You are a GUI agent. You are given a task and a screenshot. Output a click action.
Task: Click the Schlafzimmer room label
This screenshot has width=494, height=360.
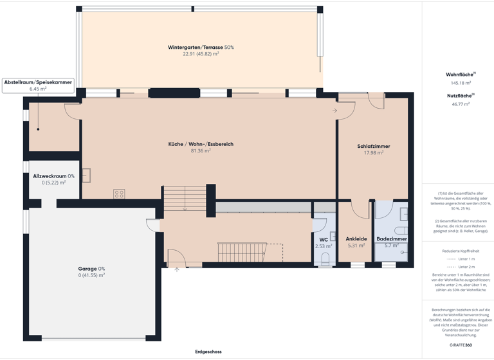click(374, 146)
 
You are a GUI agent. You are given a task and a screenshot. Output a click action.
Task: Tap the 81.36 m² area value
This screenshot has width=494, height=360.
click(201, 151)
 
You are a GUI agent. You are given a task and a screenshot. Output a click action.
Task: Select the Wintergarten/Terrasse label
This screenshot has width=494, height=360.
click(201, 48)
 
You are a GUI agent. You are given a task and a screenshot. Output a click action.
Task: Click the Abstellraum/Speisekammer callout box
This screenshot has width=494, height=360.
click(38, 85)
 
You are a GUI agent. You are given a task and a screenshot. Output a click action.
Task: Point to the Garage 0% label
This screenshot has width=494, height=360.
click(91, 269)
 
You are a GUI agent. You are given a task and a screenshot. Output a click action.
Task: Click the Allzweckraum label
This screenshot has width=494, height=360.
click(53, 176)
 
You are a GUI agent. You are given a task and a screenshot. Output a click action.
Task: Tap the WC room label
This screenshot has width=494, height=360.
click(324, 240)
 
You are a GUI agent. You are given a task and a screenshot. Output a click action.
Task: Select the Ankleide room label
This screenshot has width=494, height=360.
click(356, 239)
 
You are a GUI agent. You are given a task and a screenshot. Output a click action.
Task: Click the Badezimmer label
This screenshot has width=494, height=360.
click(392, 239)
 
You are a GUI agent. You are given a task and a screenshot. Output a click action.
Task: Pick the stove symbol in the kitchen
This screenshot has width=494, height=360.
click(119, 194)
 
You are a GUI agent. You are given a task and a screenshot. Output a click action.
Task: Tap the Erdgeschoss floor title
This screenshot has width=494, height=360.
click(208, 352)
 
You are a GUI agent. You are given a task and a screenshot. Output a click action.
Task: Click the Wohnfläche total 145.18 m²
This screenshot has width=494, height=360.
click(461, 83)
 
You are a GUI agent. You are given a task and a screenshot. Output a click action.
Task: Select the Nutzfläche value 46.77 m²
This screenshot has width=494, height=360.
click(461, 104)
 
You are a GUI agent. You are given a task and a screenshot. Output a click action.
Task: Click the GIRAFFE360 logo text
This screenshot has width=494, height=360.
click(461, 345)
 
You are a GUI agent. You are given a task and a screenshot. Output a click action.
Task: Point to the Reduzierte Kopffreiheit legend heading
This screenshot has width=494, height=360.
click(461, 251)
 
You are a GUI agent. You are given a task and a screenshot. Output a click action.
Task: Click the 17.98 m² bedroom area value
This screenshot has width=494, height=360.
click(374, 153)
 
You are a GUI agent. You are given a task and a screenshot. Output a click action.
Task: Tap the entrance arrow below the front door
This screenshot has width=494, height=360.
click(177, 269)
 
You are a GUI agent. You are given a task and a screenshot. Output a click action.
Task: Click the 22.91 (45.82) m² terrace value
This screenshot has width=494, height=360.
click(201, 55)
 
